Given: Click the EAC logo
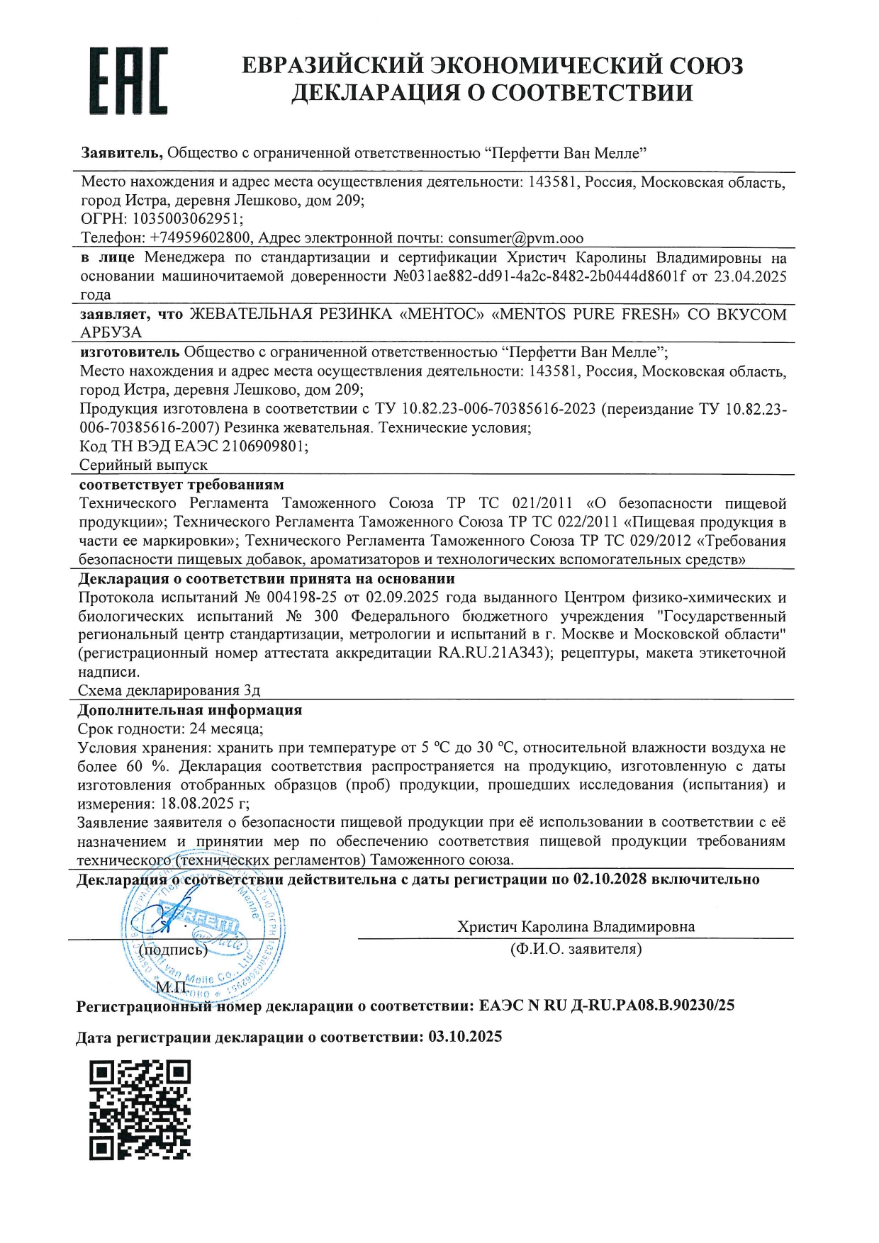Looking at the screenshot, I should [x=128, y=81].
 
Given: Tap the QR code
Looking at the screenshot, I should [x=140, y=1110].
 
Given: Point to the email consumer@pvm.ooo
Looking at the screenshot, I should [x=515, y=238].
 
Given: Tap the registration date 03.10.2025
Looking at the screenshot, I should [x=465, y=1037].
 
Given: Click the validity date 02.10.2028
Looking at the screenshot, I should [x=610, y=879].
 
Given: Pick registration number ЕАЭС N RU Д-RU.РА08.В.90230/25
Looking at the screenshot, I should [x=607, y=1005].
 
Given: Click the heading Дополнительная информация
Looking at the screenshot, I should [x=190, y=710].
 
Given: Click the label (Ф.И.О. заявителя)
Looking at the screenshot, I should [x=576, y=949].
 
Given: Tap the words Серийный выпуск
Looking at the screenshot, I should [x=143, y=466].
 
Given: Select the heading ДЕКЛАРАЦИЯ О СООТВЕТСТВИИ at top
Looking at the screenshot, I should [x=492, y=93].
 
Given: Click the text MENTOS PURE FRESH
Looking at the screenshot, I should [x=586, y=314].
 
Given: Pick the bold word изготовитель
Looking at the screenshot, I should [x=130, y=352].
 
